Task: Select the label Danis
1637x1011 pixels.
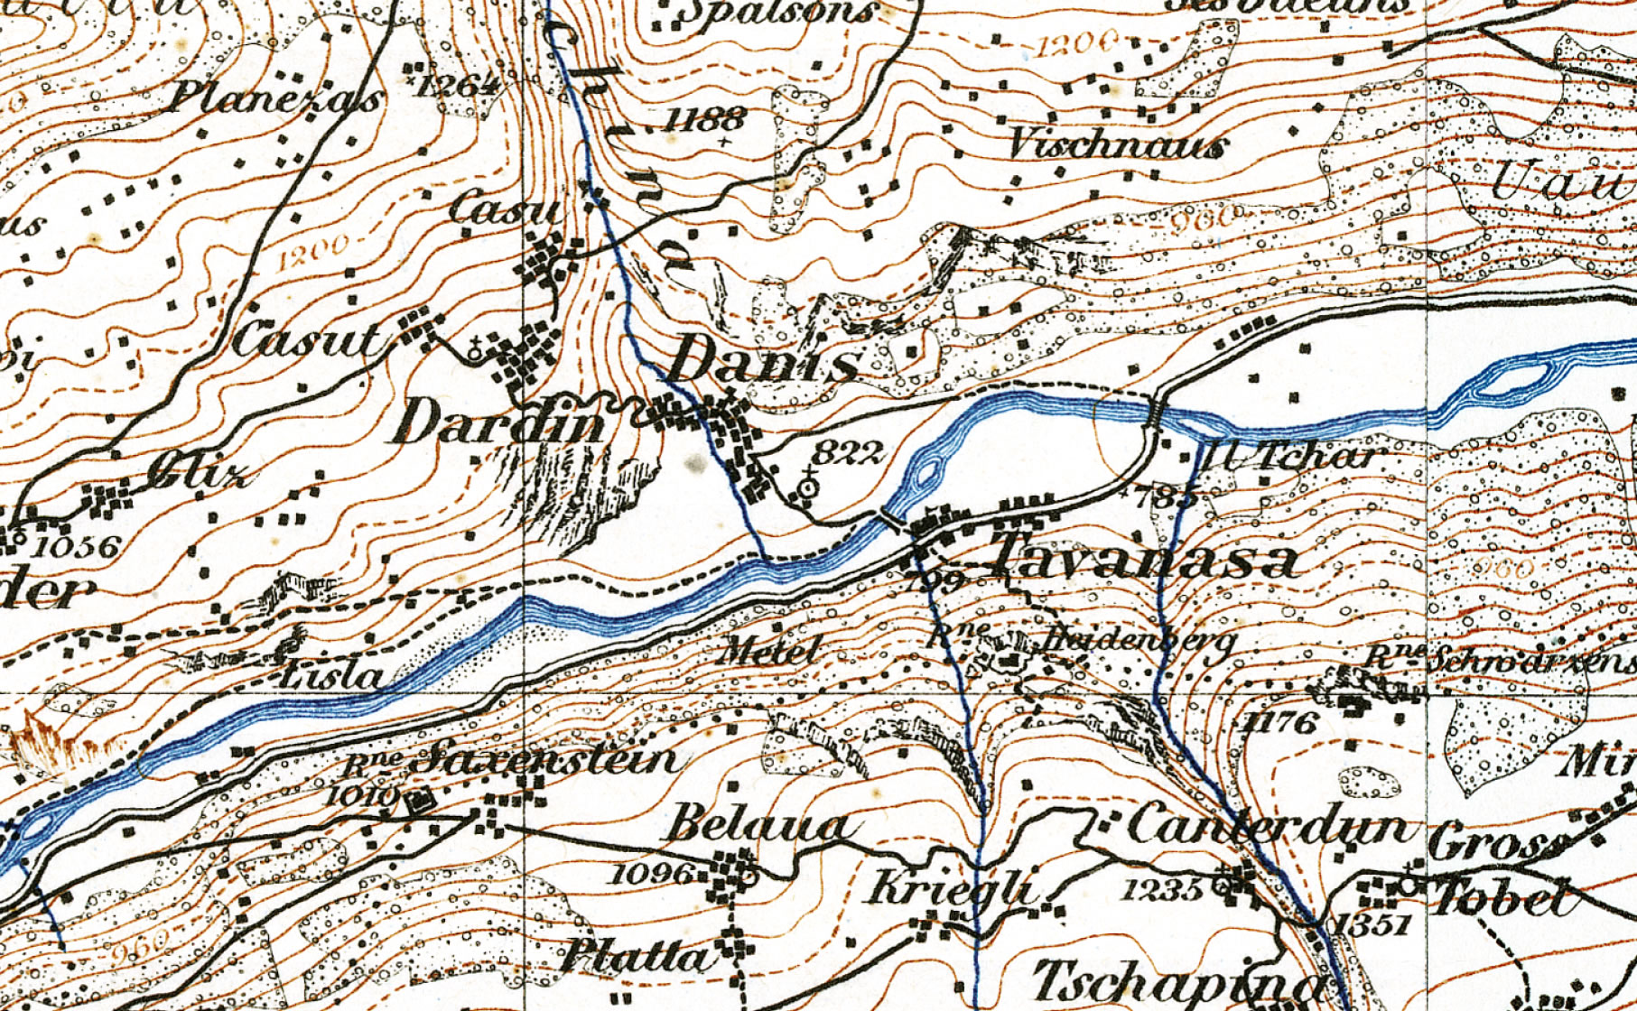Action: point(763,363)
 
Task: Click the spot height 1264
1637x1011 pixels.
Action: point(460,86)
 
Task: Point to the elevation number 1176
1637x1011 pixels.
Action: point(1280,721)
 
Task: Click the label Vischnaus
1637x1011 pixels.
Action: point(1117,144)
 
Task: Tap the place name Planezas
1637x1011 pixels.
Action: point(275,97)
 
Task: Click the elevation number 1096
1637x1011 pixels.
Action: point(653,874)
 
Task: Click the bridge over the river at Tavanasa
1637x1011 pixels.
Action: point(893,521)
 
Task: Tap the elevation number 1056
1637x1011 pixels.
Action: point(75,546)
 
